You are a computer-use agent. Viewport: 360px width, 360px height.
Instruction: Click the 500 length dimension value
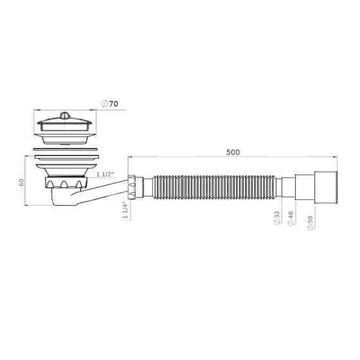pyautogui.click(x=233, y=152)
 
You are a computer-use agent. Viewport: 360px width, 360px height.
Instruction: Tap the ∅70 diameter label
pyautogui.click(x=111, y=103)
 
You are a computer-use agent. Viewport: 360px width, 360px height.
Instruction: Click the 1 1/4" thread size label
pyautogui.click(x=124, y=211)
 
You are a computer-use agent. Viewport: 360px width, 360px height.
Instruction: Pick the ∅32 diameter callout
pyautogui.click(x=277, y=218)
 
